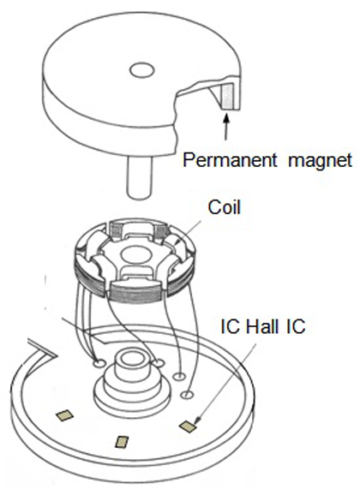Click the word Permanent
(x=230, y=160)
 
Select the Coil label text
(x=224, y=207)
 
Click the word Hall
(x=262, y=326)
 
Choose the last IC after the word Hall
(x=296, y=326)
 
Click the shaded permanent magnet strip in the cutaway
(x=227, y=96)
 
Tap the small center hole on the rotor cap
(x=142, y=70)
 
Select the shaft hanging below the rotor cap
(x=140, y=176)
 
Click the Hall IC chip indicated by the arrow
(x=188, y=426)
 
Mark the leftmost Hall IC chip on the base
(x=64, y=415)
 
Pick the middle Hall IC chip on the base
(x=122, y=442)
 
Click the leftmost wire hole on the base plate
(x=99, y=364)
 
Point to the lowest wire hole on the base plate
(x=187, y=394)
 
